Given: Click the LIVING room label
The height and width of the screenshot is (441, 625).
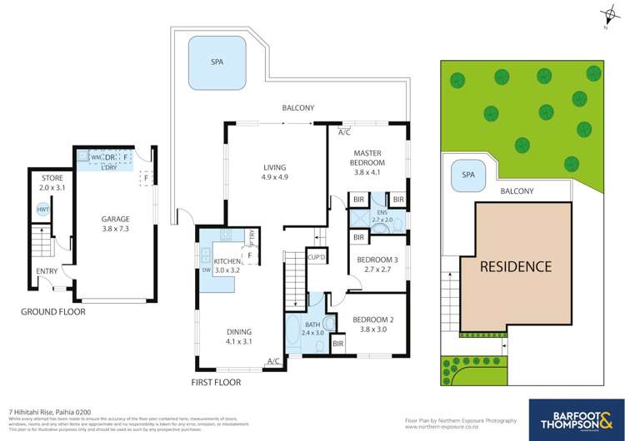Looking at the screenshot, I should coord(275,171).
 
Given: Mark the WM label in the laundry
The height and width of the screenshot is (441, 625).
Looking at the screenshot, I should coord(95,156).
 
